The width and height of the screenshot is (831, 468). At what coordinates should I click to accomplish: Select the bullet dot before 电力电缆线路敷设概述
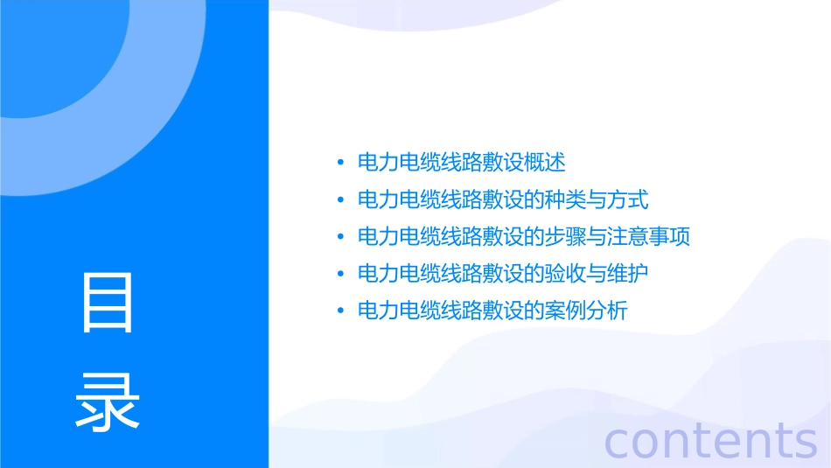(339, 163)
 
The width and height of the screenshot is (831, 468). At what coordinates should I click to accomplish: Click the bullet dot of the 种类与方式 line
(339, 200)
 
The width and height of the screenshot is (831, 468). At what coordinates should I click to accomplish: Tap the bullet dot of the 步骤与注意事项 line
(339, 237)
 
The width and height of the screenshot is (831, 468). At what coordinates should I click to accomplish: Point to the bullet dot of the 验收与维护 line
(339, 274)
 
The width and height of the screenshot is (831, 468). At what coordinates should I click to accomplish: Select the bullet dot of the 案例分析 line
(339, 311)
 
